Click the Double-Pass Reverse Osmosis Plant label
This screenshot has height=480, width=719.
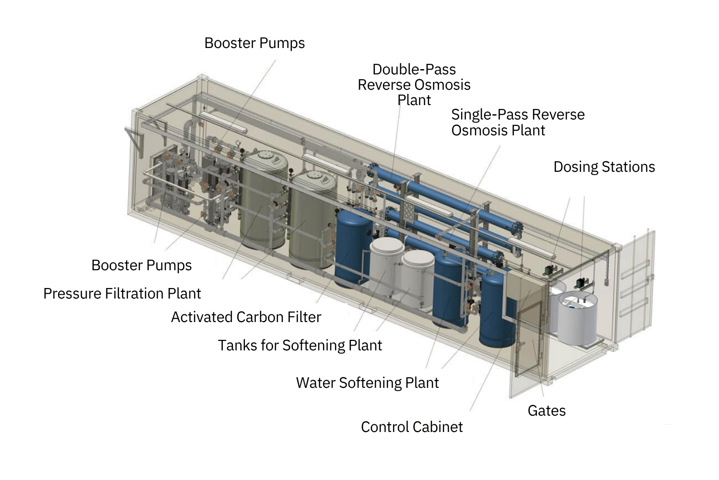coord(414,84)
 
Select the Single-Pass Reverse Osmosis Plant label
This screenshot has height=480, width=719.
coord(518,122)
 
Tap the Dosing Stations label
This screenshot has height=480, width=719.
coord(604,167)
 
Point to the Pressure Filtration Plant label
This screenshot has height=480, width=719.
coord(122,293)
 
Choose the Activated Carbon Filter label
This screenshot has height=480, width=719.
coord(246,317)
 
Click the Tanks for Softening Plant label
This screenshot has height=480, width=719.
coord(300,345)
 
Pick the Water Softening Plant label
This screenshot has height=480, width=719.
coord(367,383)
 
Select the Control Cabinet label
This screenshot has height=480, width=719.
coord(412,427)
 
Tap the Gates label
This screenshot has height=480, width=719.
coord(546,410)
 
